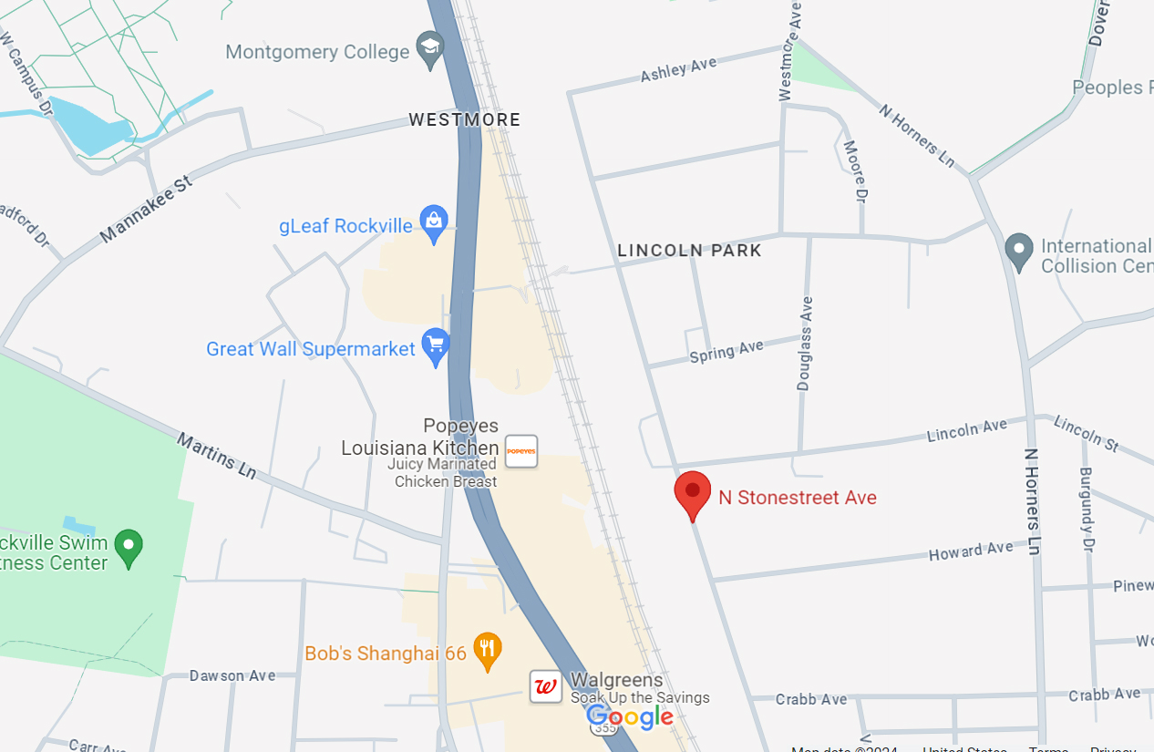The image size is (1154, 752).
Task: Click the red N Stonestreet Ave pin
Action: point(693,493)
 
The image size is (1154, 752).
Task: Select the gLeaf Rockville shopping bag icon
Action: point(434,221)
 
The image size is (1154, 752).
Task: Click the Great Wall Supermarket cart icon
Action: point(436,345)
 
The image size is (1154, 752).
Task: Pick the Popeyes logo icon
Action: point(521,451)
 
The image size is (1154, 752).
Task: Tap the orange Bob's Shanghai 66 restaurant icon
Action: point(488,649)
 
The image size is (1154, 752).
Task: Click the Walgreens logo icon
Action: point(546,686)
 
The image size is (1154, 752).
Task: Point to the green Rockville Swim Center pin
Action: point(129,547)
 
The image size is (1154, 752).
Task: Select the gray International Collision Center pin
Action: point(1018,250)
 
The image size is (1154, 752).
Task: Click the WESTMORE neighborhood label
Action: point(465,119)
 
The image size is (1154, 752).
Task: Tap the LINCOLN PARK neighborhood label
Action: point(689,251)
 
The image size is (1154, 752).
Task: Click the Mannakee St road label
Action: point(147,210)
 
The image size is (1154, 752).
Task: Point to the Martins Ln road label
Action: point(216,456)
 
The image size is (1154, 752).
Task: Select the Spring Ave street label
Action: point(726,351)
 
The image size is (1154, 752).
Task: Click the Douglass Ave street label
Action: point(804,344)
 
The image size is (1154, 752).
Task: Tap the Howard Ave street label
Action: point(970,551)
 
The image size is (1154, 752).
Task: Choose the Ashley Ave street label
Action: point(678,69)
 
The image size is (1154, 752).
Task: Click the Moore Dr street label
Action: point(854,170)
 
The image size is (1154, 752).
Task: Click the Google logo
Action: point(630,717)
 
